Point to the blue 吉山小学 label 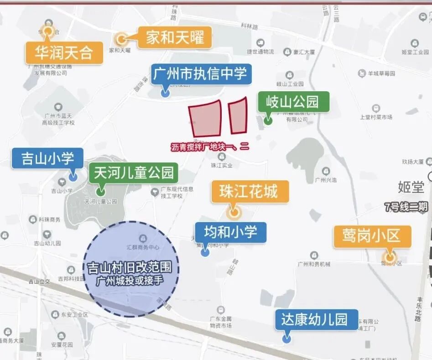[47, 158]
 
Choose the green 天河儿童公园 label [134, 173]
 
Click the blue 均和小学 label [230, 232]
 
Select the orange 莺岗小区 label [372, 236]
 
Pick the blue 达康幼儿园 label [317, 319]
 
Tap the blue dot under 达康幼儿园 [286, 339]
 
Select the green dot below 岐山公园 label [268, 121]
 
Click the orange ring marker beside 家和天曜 [121, 39]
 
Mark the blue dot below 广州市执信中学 [165, 93]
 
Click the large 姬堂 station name [411, 187]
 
